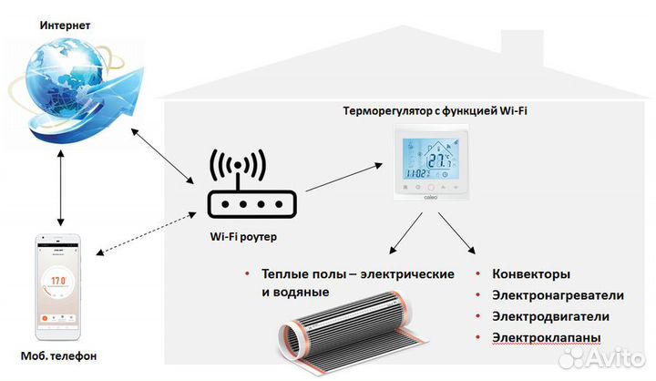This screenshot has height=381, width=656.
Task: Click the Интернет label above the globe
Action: [64, 25]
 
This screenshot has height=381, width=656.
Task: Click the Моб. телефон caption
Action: [59, 355]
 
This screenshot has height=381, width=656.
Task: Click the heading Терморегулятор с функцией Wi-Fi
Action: [435, 111]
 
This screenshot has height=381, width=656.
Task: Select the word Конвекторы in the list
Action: [531, 274]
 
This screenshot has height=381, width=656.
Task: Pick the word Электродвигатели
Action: [550, 316]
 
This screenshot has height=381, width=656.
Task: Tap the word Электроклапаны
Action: [546, 338]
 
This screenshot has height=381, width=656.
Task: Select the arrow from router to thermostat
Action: [344, 177]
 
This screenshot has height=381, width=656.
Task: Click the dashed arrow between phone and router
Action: [146, 234]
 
